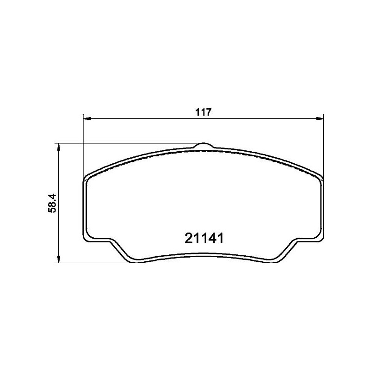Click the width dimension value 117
click(203, 112)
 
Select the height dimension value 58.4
click(54, 203)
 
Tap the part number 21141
click(204, 239)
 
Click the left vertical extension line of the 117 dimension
click(83, 148)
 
